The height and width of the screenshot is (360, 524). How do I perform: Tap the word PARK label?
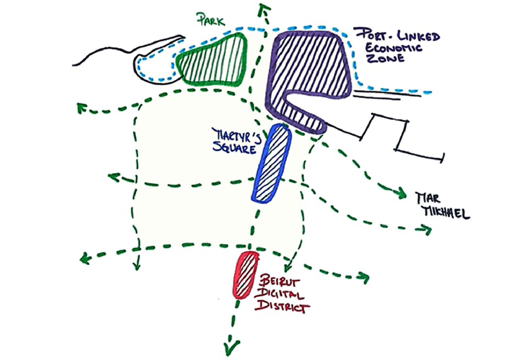tap(211, 19)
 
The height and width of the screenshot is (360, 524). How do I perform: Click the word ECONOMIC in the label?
tap(393, 47)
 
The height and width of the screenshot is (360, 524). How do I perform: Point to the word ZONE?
tap(386, 58)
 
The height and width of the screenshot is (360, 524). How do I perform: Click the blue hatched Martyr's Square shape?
tap(271, 163)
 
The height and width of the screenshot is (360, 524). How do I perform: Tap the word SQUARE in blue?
tap(235, 148)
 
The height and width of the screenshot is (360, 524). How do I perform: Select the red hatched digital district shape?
tap(246, 275)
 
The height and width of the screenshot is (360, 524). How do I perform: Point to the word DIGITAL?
tap(280, 295)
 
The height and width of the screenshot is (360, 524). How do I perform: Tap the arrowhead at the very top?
tap(264, 9)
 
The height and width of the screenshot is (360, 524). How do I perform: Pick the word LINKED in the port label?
tap(422, 36)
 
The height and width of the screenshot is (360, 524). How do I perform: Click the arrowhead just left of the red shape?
tap(136, 265)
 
